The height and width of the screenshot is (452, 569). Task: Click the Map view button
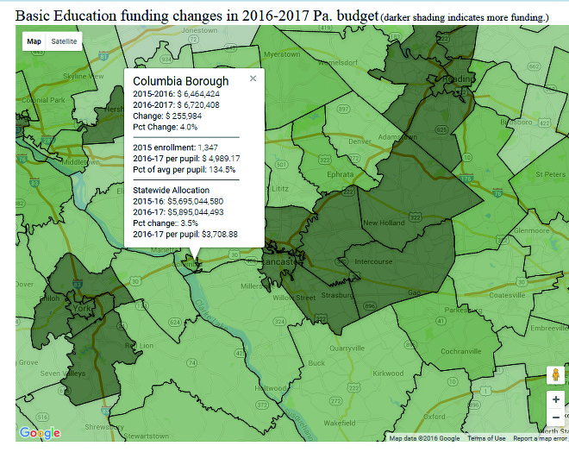34,41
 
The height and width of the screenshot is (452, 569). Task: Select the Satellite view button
64,41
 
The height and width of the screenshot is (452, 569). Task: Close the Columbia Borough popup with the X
253,78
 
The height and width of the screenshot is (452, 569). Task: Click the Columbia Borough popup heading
181,81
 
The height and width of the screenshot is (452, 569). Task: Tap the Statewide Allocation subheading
171,190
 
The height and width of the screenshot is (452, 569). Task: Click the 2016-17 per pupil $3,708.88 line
185,234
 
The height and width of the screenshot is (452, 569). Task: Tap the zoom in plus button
556,399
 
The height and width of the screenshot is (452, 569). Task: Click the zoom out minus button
556,417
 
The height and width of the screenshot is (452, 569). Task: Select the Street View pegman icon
556,374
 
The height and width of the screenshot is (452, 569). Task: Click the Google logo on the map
39,433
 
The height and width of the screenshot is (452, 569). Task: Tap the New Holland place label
384,223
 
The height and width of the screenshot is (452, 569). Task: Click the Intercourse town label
373,261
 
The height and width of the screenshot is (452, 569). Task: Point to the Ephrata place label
341,173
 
